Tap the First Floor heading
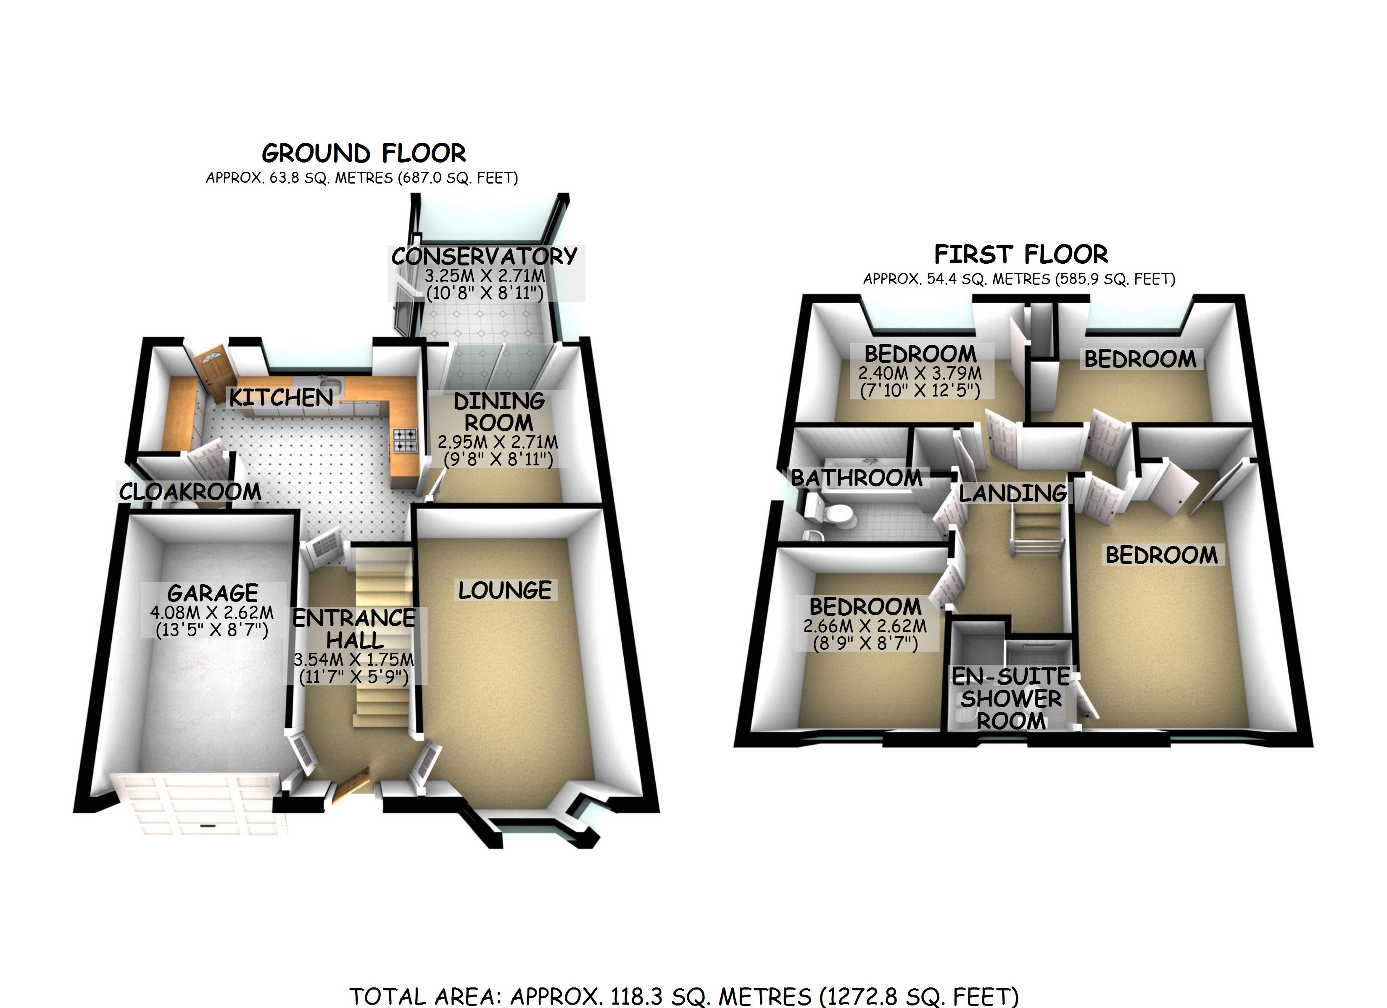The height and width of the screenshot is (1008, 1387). click(x=1020, y=254)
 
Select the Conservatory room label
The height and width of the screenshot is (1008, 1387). click(x=484, y=256)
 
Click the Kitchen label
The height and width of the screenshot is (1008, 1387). click(x=281, y=398)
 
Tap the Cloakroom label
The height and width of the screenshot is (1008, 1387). click(x=190, y=491)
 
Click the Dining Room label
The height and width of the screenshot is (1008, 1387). click(x=498, y=412)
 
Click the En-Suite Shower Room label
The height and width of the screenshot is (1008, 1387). click(x=1010, y=698)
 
